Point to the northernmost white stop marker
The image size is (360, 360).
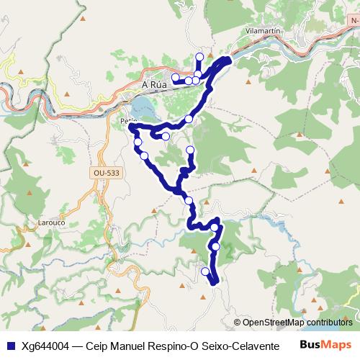(x=200, y=57)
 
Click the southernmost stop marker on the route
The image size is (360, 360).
(x=206, y=271)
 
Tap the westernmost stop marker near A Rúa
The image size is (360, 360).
(x=175, y=77)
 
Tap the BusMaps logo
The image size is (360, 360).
(x=325, y=344)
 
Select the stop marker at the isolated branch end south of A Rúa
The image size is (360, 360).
(x=190, y=150)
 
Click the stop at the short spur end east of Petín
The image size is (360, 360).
(x=166, y=136)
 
